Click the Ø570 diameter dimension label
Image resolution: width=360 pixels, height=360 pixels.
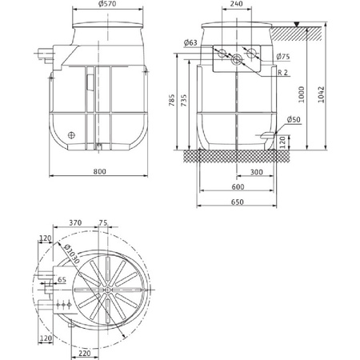point(107,4)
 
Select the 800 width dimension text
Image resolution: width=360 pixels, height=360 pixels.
point(99,171)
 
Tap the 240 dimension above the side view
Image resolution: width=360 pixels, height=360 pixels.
point(237,4)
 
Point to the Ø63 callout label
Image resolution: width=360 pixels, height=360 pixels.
point(190,42)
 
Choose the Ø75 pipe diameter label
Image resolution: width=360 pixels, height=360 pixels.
point(283,57)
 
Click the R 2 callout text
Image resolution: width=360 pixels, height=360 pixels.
point(283,73)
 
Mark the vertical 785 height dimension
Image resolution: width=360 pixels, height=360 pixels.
point(172,100)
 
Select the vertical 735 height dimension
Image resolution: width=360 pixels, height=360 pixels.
point(184,100)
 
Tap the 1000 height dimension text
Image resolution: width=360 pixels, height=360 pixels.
point(301,94)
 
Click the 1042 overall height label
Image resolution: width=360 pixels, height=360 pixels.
point(322,94)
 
